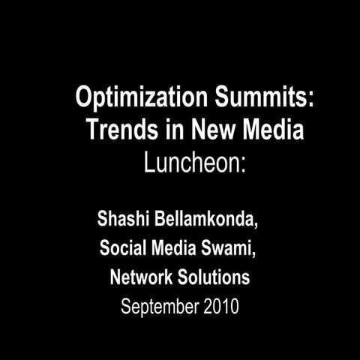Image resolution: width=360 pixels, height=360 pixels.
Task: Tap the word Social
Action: (121, 249)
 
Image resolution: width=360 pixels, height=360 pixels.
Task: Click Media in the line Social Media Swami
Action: (175, 249)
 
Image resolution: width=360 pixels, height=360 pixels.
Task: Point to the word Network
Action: (139, 277)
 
